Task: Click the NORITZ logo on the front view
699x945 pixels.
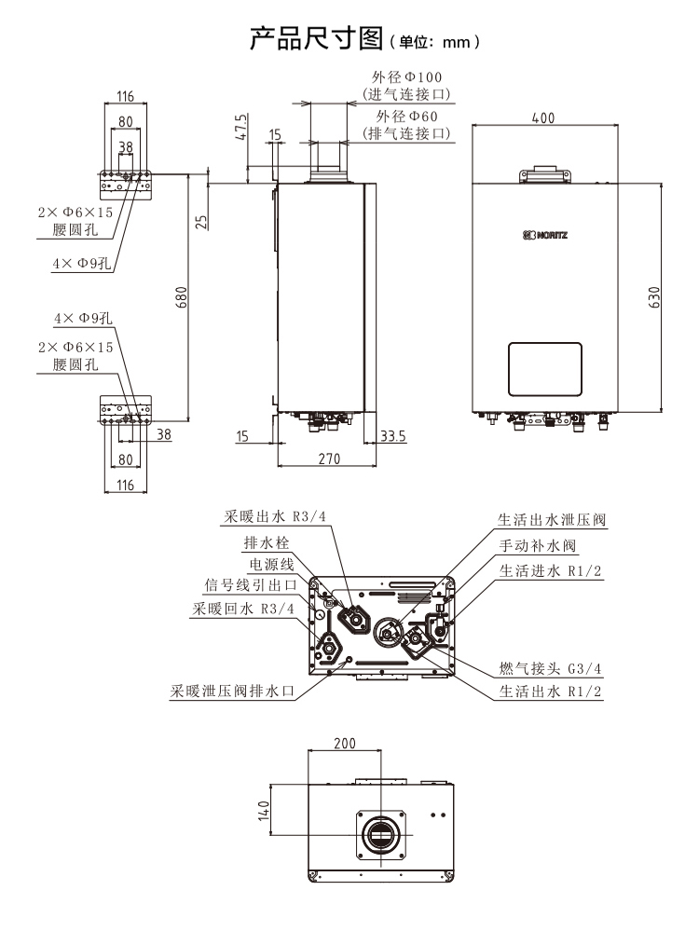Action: [x=544, y=235]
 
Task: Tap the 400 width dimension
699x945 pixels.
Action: [x=544, y=118]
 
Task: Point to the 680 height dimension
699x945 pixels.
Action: [x=183, y=297]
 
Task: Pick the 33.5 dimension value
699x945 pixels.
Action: [x=395, y=434]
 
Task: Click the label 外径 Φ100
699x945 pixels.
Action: [x=406, y=77]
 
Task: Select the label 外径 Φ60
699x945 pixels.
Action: [x=407, y=116]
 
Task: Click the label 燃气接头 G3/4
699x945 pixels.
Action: [x=551, y=667]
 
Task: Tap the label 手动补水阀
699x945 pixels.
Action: [x=539, y=545]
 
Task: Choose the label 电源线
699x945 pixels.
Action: [x=271, y=564]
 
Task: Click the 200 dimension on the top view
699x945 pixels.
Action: [x=344, y=745]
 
